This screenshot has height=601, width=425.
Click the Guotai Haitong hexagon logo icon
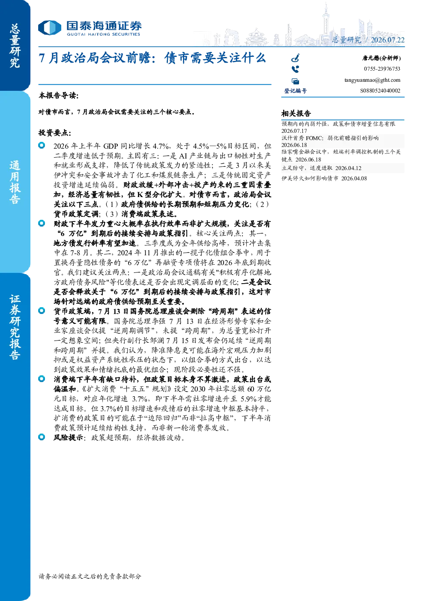(50, 27)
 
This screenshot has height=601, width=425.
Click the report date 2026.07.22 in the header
(387, 40)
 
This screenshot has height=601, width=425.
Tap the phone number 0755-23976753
(382, 69)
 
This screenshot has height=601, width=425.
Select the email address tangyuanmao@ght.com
(372, 80)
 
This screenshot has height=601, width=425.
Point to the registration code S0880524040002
(380, 91)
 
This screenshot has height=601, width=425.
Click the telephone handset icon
(295, 69)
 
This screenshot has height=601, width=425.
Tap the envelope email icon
(296, 81)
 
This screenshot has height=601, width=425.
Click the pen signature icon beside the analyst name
(296, 58)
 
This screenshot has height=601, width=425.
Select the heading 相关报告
(296, 114)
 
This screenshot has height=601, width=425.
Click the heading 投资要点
(55, 133)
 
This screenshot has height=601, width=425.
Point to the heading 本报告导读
(59, 96)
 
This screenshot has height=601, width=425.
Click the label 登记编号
(296, 91)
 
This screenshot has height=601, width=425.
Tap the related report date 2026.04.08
(354, 179)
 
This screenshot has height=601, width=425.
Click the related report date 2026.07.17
(294, 131)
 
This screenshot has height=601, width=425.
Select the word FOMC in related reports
(314, 138)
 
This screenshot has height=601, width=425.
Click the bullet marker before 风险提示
(42, 437)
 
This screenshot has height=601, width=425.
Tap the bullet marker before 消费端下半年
(42, 379)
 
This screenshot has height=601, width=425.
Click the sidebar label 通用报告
(15, 182)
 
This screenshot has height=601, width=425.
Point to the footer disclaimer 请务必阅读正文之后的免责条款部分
(90, 576)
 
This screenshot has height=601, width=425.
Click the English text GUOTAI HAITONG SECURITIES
(103, 34)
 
